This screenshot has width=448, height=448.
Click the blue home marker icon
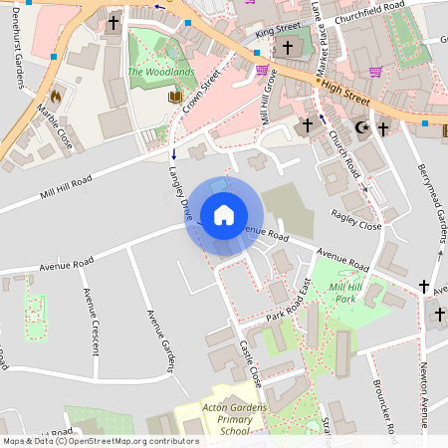pos(224,214)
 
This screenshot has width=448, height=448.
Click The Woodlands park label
pos(154,72)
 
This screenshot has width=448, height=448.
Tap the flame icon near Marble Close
pos(55,96)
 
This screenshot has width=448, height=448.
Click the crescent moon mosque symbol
pos(361,127)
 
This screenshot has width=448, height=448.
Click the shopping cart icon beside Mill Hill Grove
pos(263,70)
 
